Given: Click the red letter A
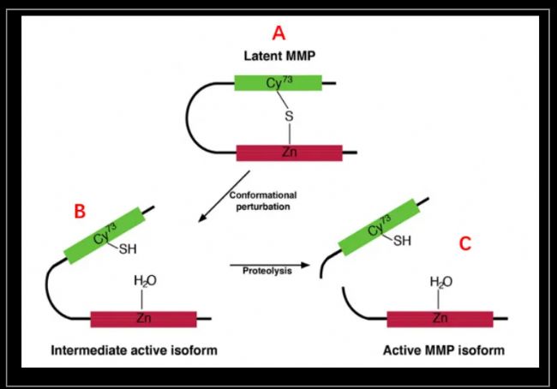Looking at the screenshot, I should click(x=278, y=33).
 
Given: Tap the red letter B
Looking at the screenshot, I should click(x=79, y=212).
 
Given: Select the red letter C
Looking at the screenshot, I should click(x=464, y=243).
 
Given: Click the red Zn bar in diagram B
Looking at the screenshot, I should click(x=143, y=319).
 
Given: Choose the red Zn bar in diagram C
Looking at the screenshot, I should click(x=440, y=319).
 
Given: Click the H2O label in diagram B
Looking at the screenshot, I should click(x=145, y=282).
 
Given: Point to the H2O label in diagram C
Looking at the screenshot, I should click(x=440, y=282).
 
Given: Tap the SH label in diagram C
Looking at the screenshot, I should click(x=402, y=241).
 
